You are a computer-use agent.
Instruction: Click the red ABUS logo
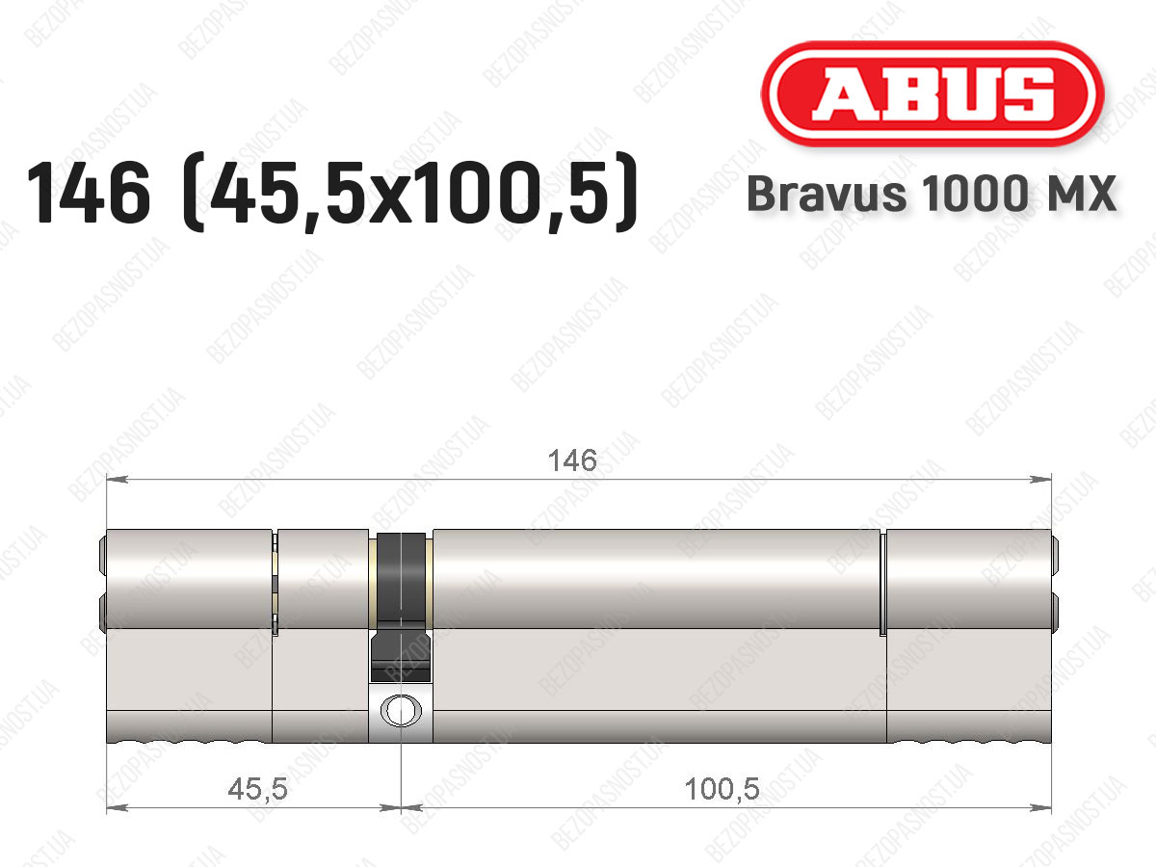[933, 94]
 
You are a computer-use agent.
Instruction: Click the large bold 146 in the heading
[89, 194]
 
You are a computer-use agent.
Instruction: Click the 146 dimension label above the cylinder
[572, 460]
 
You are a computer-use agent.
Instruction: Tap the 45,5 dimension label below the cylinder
[257, 789]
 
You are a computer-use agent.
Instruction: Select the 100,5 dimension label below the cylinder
[722, 789]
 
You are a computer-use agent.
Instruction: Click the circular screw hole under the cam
[401, 710]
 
